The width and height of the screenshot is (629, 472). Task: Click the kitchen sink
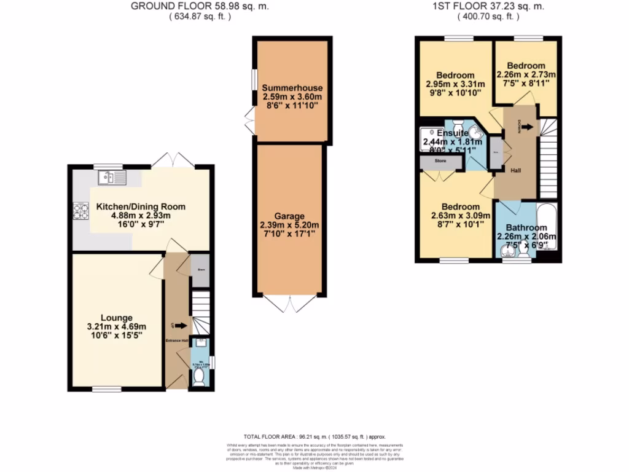[111, 178]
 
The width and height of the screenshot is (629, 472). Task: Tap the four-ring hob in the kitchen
[80, 211]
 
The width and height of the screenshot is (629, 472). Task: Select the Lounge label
[117, 318]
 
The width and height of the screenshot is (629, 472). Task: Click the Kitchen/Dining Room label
[141, 206]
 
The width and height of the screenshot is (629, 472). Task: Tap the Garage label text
[290, 216]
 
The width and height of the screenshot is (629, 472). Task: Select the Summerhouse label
[292, 88]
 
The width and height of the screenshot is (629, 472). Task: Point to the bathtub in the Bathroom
[547, 227]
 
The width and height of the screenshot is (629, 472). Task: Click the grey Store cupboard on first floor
[441, 162]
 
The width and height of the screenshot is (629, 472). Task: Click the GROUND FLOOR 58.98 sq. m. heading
[200, 7]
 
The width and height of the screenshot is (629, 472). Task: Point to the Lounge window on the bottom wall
[107, 388]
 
